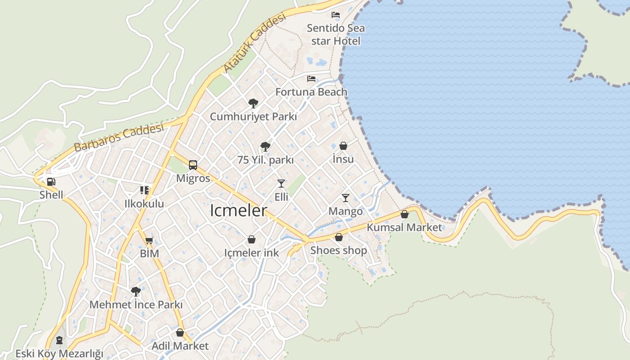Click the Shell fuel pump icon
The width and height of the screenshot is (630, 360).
click(x=51, y=182)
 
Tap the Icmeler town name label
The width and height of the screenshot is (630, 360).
click(x=238, y=211)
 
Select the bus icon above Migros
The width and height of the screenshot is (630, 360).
click(x=193, y=165)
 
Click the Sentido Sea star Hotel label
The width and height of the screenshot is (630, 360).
click(x=336, y=34)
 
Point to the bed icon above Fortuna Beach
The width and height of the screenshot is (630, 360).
click(x=311, y=79)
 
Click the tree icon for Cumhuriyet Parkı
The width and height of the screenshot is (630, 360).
click(x=253, y=103)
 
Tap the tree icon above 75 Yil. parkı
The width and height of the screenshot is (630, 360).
click(x=265, y=146)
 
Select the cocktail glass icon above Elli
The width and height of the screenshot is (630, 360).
click(x=281, y=183)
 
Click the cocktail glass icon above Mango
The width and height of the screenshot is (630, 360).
click(x=346, y=198)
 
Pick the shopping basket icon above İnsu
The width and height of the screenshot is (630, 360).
click(x=343, y=146)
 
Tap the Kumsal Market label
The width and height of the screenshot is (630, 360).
click(x=404, y=227)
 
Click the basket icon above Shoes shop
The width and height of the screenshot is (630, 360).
click(x=339, y=237)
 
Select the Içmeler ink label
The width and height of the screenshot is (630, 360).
click(x=252, y=252)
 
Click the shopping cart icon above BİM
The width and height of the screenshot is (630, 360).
click(x=149, y=240)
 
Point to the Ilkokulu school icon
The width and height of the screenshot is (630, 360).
click(x=144, y=190)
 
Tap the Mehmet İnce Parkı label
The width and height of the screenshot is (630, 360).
click(x=136, y=305)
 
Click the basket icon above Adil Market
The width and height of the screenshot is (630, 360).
click(x=180, y=333)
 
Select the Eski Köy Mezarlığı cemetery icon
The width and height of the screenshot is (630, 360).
click(x=59, y=340)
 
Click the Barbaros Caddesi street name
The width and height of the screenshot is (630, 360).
click(x=118, y=138)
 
